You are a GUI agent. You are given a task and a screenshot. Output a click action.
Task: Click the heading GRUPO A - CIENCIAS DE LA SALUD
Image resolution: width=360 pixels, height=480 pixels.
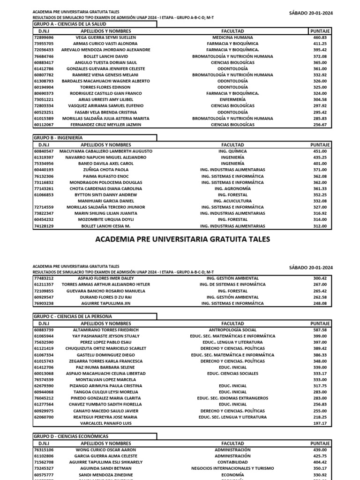69,24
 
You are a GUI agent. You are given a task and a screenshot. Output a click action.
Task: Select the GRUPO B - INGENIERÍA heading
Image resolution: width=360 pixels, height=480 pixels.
58,138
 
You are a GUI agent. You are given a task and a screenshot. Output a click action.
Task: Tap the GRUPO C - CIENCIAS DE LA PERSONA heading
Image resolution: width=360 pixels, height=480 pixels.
73,317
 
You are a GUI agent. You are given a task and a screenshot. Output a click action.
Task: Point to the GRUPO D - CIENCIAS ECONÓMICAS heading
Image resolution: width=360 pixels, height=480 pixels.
70,436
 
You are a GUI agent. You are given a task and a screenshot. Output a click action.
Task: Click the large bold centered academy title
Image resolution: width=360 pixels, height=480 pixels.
183,239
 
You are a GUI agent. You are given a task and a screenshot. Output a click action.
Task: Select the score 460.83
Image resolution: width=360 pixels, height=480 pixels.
320,37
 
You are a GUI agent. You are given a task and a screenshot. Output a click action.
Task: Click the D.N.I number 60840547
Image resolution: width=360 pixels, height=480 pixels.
44,151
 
